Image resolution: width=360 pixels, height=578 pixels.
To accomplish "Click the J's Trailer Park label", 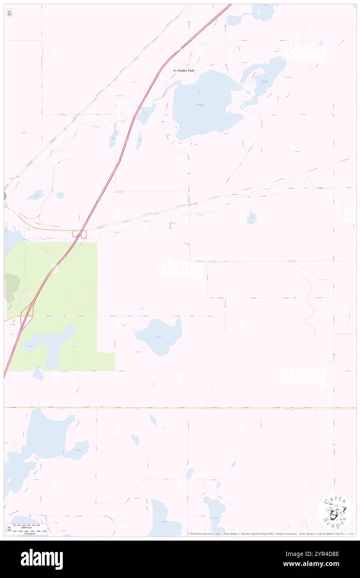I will click(x=184, y=71).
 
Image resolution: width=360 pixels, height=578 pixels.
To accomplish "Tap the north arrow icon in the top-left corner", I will click(x=9, y=13).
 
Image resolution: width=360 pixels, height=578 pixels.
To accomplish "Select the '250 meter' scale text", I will click(x=29, y=533).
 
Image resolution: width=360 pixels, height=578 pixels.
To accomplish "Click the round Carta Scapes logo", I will click(x=335, y=511).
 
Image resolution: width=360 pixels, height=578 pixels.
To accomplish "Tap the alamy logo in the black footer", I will click(x=42, y=559).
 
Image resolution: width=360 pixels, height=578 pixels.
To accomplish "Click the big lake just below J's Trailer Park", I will click(x=204, y=106).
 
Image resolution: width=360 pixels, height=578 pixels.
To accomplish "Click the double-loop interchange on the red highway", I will click(x=79, y=235).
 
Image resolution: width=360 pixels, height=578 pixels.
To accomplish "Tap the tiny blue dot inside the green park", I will click(x=74, y=346).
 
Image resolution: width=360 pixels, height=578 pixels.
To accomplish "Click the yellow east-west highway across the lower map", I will click(x=179, y=408).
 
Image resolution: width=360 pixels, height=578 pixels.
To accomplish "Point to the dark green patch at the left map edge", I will click(x=5, y=195).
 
